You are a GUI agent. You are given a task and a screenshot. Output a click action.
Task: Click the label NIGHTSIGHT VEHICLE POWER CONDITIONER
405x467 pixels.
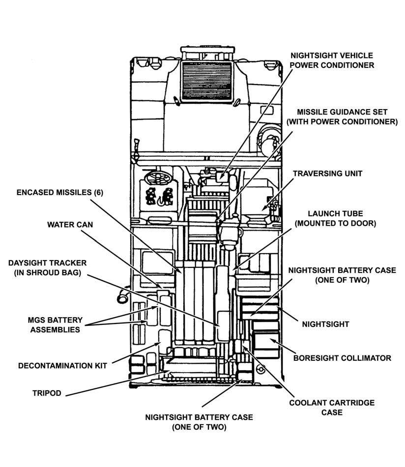(331, 60)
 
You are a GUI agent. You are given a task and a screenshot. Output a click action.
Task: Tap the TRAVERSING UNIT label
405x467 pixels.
(327, 174)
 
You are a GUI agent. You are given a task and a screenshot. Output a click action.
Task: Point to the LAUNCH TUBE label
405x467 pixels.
(335, 214)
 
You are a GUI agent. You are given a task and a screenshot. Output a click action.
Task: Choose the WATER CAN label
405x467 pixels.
(70, 225)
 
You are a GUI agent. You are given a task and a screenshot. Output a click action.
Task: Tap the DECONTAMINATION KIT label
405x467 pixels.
(62, 366)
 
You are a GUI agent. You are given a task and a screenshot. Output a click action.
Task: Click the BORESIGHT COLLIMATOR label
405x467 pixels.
(342, 358)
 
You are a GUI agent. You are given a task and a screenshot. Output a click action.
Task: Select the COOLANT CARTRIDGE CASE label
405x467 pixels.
(332, 407)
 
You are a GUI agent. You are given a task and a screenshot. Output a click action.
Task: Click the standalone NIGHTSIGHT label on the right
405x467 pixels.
(325, 324)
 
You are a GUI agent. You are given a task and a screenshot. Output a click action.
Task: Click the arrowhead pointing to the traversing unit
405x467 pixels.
(263, 208)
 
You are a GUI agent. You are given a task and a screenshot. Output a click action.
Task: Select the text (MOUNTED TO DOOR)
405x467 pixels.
(335, 224)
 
